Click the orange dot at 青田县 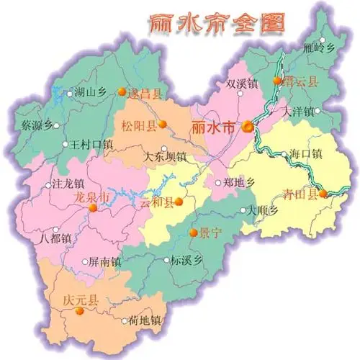pos(324,193)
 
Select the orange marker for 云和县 pos(178,202)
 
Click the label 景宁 pos(210,233)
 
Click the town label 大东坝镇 pos(165,156)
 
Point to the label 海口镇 pos(305,153)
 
